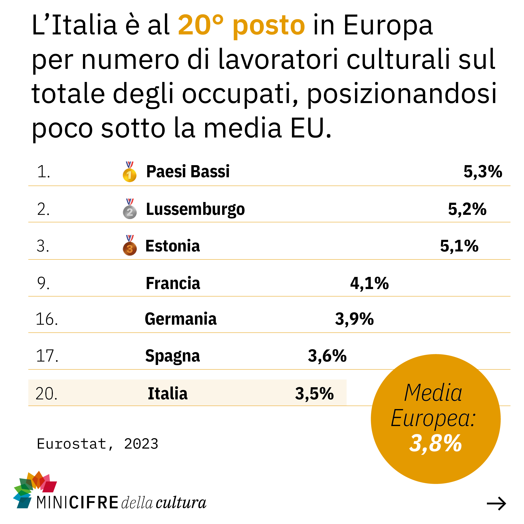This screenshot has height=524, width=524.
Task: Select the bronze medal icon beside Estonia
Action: [130, 245]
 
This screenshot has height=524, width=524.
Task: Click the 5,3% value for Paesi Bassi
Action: [483, 172]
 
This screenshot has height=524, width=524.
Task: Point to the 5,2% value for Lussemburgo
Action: [467, 209]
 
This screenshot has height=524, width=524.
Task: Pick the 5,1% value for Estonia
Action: [459, 246]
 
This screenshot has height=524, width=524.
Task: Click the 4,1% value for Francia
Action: [369, 283]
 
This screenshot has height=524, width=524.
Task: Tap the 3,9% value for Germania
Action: [354, 319]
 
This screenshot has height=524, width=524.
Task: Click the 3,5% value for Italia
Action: [314, 394]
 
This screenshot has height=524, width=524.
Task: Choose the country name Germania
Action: [181, 319]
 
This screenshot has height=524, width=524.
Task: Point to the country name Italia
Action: [167, 394]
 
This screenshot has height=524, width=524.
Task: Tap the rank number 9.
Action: [43, 283]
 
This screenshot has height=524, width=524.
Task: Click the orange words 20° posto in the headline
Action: [241, 25]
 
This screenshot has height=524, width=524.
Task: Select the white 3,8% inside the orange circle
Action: [435, 443]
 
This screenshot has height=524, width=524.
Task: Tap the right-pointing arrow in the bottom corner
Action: [496, 504]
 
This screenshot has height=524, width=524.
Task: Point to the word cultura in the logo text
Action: [181, 503]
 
